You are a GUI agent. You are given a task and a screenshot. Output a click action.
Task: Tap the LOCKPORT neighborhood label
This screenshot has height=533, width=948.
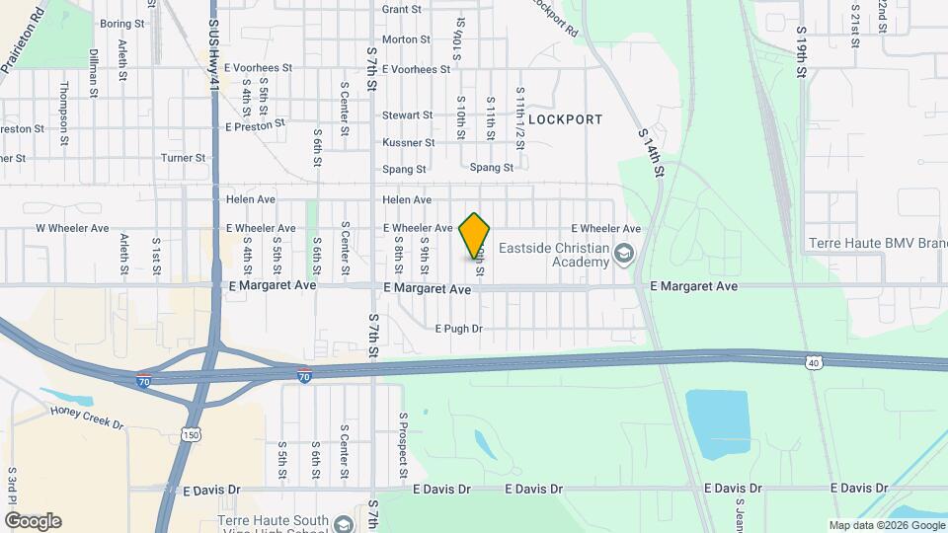[x=565, y=119]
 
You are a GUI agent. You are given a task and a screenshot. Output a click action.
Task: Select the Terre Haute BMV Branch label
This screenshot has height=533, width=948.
[x=877, y=243]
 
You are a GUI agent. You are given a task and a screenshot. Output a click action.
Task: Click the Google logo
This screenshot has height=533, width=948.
[x=33, y=521]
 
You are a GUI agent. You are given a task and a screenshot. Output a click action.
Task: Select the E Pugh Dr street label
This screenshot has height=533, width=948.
[x=458, y=329]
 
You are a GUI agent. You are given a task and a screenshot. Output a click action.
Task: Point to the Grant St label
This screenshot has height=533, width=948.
[x=401, y=9]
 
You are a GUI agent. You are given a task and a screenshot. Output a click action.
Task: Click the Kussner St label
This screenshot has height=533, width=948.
[x=408, y=142]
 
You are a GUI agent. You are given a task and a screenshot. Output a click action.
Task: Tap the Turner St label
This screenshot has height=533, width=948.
[x=183, y=157]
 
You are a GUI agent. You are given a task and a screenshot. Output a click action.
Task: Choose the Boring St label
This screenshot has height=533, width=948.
[x=122, y=23]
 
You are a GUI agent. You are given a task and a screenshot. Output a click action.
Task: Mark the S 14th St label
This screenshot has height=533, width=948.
[x=651, y=152]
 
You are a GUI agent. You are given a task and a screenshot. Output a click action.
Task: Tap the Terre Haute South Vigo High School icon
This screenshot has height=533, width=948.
[x=343, y=523]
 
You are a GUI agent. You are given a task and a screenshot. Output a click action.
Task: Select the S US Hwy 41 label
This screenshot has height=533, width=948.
[x=213, y=59]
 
